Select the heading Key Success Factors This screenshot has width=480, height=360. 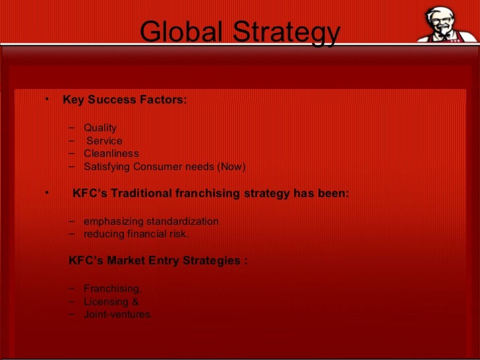click(x=125, y=100)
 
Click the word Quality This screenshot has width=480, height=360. click(x=100, y=128)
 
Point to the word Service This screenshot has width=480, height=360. click(x=104, y=141)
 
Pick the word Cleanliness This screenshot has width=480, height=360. click(x=111, y=154)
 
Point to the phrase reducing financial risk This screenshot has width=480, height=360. click(x=136, y=234)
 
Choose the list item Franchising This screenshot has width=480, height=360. click(x=112, y=289)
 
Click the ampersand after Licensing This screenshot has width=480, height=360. click(x=135, y=302)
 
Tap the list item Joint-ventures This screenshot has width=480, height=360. click(x=118, y=315)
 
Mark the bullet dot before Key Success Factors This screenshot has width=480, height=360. click(x=47, y=100)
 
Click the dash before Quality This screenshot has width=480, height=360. click(x=72, y=127)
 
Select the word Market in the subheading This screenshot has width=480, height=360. click(x=129, y=260)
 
